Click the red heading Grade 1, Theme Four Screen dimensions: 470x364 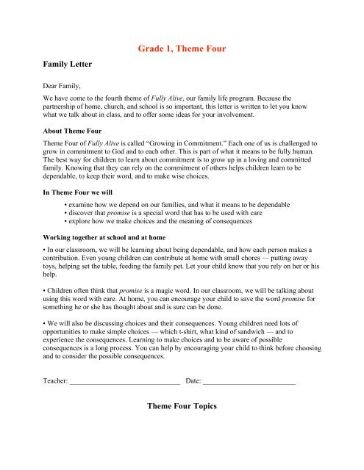182,49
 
